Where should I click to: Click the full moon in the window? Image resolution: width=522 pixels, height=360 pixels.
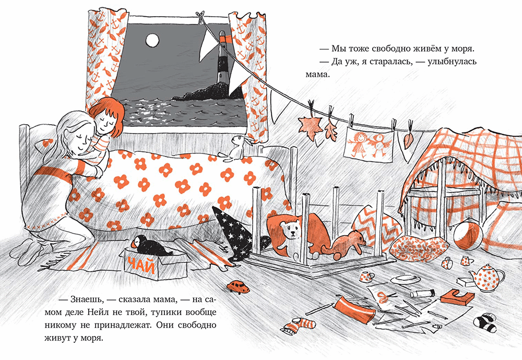coord(152,41)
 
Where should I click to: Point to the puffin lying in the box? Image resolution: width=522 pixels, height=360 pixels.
coord(150,246)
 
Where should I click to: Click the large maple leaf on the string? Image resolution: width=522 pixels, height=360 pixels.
coord(310,128)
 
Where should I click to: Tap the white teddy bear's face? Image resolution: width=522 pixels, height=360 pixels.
coord(290,230)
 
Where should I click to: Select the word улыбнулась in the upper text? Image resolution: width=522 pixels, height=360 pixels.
coord(452,62)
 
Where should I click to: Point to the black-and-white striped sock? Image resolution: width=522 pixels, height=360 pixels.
coord(486,322)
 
